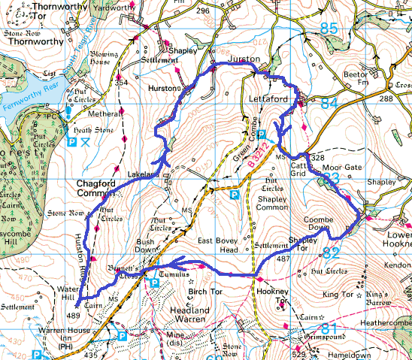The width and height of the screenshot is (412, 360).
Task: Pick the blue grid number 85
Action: pos(328,29)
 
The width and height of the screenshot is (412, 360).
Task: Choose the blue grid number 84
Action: pos(328,103)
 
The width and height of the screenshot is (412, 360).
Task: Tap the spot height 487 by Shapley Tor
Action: pos(283,259)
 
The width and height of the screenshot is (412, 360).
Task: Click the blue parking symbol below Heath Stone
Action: pos(73,141)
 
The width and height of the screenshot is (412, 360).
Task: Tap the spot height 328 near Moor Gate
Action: pos(317,158)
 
